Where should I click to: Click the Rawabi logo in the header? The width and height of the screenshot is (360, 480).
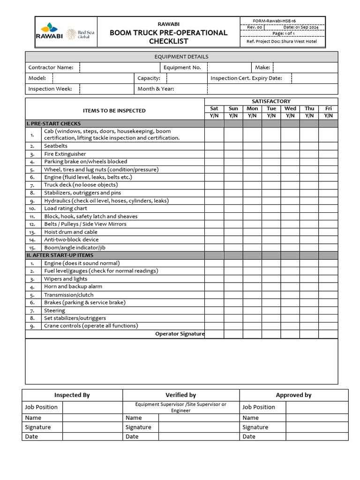(x=49, y=31)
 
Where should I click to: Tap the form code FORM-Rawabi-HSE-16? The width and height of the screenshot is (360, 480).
(x=274, y=21)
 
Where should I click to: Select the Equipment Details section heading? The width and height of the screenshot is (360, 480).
(x=181, y=57)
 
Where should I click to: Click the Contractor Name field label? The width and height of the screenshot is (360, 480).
(x=51, y=67)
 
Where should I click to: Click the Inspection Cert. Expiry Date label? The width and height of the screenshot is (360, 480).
(x=246, y=78)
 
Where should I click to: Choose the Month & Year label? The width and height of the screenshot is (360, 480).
(x=156, y=89)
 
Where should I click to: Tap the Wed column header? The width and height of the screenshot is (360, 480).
(x=290, y=109)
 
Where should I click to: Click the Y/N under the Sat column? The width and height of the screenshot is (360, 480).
(x=214, y=115)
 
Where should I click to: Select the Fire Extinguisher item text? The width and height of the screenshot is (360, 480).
(x=65, y=154)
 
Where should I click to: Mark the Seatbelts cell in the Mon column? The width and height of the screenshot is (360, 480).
(x=252, y=146)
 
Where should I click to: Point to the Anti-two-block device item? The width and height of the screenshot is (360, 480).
(x=71, y=240)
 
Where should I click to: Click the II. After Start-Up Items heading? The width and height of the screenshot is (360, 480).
(x=60, y=255)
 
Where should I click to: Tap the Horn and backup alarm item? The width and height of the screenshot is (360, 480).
(x=73, y=286)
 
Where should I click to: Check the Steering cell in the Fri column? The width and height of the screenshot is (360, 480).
(x=328, y=310)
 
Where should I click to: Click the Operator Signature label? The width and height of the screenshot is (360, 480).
(x=180, y=334)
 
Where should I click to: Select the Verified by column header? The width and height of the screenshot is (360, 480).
(x=180, y=395)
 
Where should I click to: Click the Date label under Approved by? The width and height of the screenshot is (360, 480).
(x=249, y=436)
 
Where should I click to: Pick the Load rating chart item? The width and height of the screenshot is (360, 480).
(x=66, y=209)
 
